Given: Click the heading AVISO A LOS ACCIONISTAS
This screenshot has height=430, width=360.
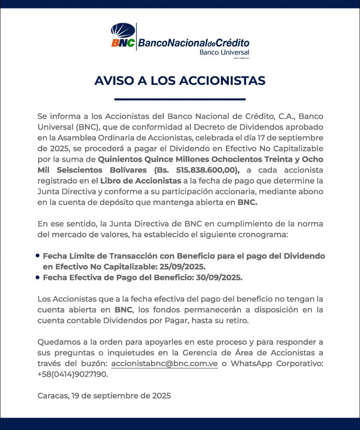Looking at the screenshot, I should tap(180, 81).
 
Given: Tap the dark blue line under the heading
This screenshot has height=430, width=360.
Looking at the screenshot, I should tap(180, 100).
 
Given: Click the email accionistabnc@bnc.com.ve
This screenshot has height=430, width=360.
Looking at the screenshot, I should tap(164, 364).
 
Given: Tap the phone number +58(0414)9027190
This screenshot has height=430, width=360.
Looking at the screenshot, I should tap(73, 375).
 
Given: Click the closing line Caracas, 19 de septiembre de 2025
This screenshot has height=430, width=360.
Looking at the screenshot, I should tap(104, 396).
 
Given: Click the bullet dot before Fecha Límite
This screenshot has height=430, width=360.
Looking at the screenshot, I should tap(38, 255).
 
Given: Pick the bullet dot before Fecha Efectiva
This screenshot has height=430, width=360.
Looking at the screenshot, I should tap(38, 277).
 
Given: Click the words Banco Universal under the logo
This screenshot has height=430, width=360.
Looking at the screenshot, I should tap(224, 52).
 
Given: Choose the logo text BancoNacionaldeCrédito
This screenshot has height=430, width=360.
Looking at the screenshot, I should tap(193, 43).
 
